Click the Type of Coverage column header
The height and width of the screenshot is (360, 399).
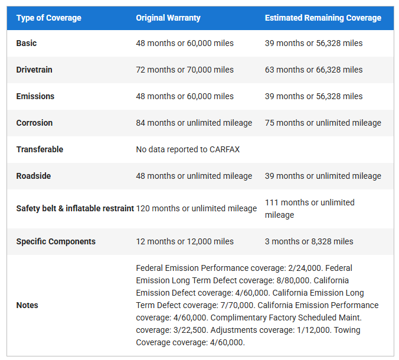pos(48,18)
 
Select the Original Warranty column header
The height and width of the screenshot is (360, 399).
pos(168,18)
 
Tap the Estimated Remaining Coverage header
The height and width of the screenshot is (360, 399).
pos(323,18)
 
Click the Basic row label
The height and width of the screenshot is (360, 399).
pos(27,43)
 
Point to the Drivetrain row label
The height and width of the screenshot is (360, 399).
pos(34,70)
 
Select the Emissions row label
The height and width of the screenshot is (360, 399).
pos(35,96)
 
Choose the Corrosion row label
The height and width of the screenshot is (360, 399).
pos(34,123)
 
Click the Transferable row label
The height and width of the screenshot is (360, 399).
pos(40,149)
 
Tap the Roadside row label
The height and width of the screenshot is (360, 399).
pos(34,176)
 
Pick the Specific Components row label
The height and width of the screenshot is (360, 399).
pos(55,241)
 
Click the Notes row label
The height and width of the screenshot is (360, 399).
pos(27,305)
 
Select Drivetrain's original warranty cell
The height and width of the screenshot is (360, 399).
pos(185,70)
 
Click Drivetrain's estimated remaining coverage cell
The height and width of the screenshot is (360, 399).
pos(313,70)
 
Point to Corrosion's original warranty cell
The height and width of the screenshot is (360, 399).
pos(194,123)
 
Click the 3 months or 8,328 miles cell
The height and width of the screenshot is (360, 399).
pos(309,241)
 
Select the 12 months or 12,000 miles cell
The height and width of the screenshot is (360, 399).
pos(185,241)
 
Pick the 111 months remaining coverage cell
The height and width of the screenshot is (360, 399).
pos(309,208)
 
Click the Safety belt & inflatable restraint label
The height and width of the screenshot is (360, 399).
pos(75,208)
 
